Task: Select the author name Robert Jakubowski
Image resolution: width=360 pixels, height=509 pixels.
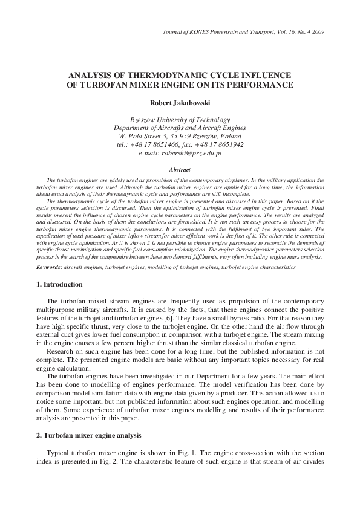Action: pyautogui.click(x=180, y=103)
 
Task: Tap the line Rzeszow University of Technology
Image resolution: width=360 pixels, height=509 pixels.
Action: pyautogui.click(x=180, y=120)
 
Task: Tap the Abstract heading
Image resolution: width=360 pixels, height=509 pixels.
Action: pyautogui.click(x=180, y=170)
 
